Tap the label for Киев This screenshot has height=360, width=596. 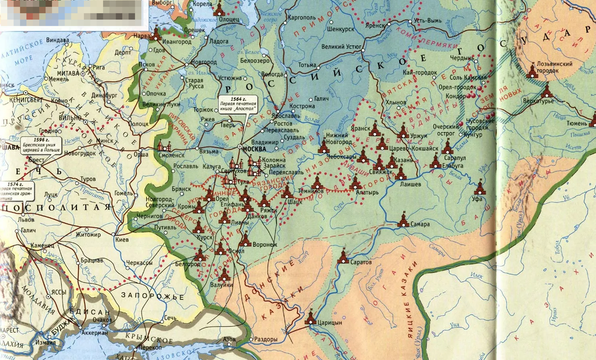coord(122,239)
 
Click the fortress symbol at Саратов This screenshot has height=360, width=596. coord(343,257)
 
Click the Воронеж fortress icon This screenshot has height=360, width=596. coord(244,240)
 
